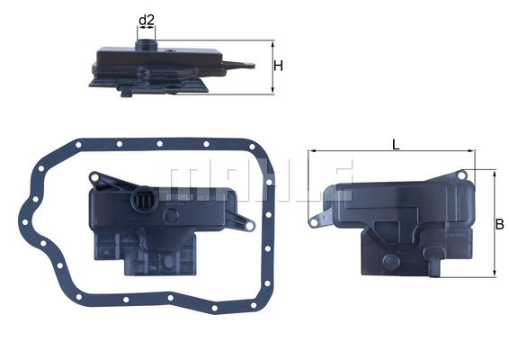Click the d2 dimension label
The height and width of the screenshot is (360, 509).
147,19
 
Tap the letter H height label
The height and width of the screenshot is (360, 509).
279,67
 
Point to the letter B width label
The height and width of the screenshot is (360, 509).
500,221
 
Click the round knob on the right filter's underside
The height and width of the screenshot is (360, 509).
389,262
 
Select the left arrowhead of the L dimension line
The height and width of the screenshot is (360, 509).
312,153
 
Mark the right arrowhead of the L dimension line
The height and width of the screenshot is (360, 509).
473,153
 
